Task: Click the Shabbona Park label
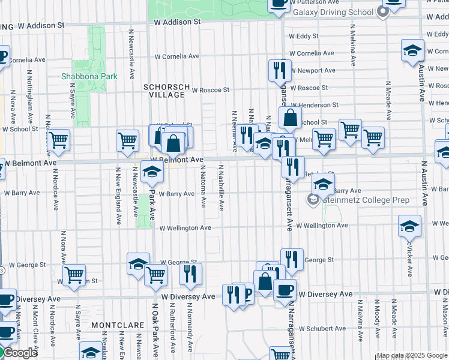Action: [89, 76]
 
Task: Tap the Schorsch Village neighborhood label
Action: [164, 91]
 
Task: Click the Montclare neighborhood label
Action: [118, 325]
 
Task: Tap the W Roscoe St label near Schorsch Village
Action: [210, 90]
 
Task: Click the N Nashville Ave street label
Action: [221, 188]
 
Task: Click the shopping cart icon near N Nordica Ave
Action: [59, 140]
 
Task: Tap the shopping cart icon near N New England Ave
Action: [127, 140]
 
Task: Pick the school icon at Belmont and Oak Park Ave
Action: [152, 172]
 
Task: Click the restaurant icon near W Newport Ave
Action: [279, 70]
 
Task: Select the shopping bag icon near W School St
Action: [290, 118]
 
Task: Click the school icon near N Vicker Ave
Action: [410, 226]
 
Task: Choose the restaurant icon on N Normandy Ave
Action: [190, 274]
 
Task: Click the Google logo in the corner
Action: [19, 353]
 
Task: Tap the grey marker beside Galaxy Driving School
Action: [380, 13]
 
